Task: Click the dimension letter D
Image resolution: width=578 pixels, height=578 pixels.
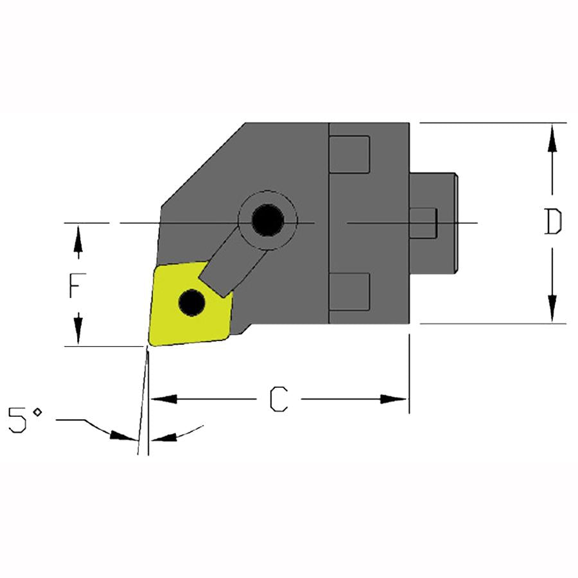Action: tap(553, 222)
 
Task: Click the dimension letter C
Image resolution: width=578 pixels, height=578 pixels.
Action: tap(279, 399)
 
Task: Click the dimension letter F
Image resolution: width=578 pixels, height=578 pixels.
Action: tap(78, 285)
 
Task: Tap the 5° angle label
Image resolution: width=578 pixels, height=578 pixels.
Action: tap(25, 419)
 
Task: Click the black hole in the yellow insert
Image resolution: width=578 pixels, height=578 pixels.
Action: tap(191, 302)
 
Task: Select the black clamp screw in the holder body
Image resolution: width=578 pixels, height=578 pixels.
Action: tap(268, 220)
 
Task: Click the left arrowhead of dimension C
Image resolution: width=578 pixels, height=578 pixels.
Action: tap(164, 399)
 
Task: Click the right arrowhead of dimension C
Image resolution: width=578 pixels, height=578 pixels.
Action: tap(394, 399)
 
